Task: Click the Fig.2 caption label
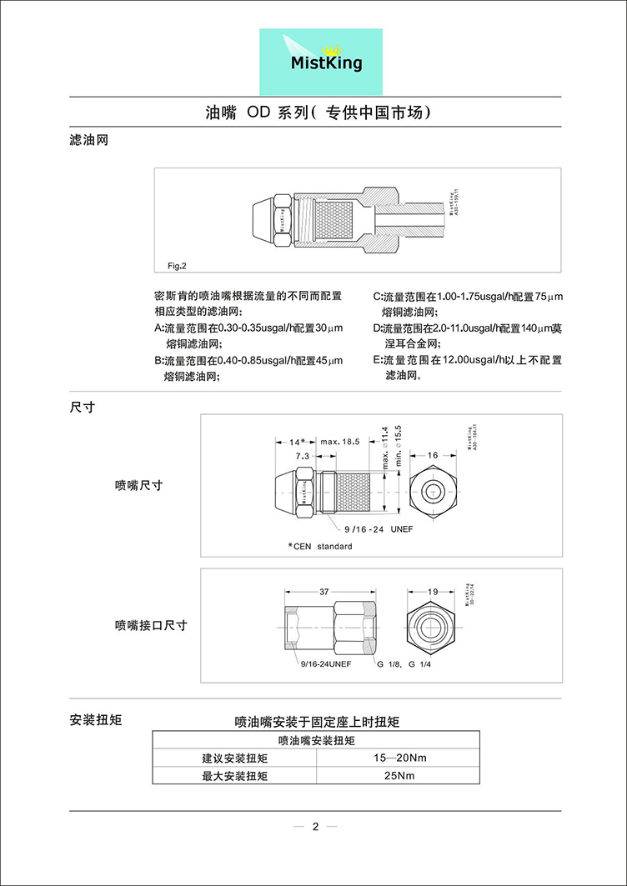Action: (x=177, y=266)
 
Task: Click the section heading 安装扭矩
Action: (x=95, y=719)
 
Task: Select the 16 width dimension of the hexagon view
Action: (x=433, y=456)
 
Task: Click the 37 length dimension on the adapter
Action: (x=324, y=590)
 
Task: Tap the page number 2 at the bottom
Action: (x=315, y=828)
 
